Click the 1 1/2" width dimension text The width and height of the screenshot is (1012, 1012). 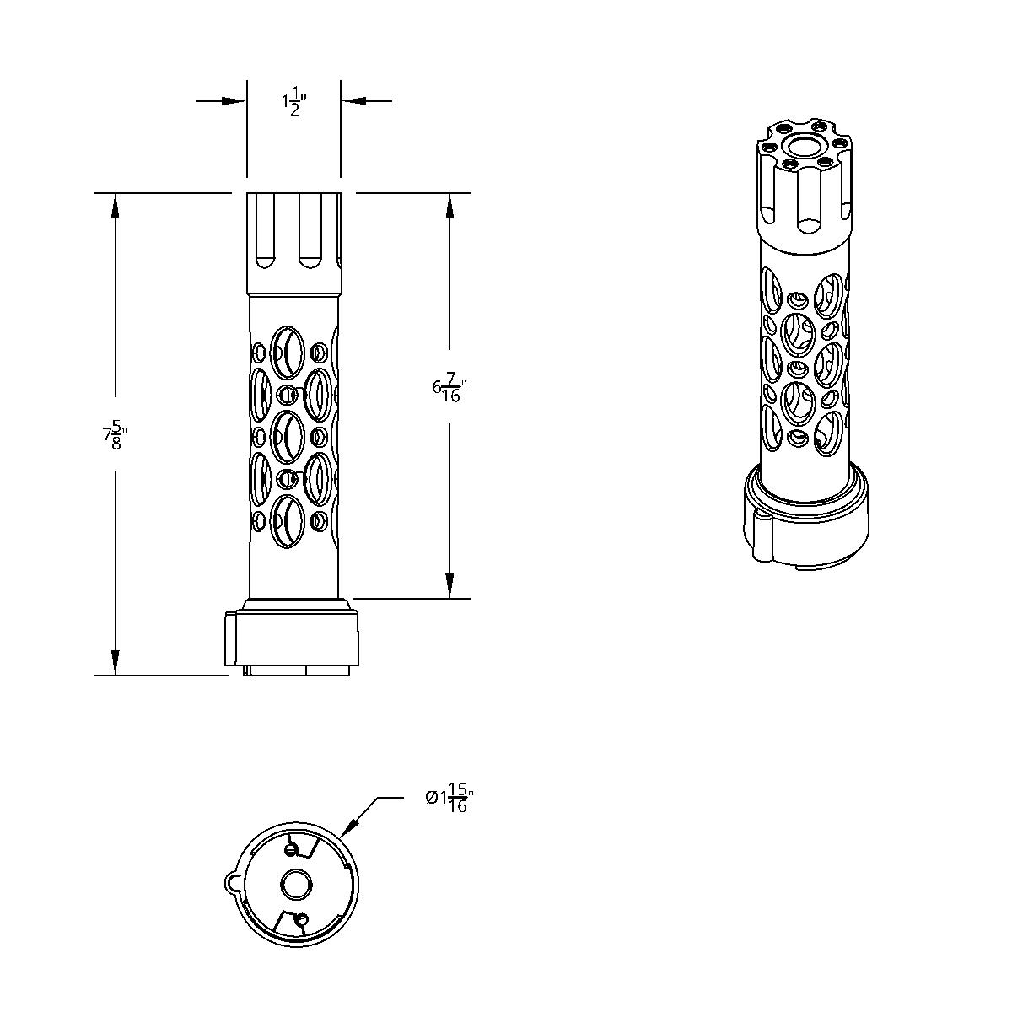[293, 103]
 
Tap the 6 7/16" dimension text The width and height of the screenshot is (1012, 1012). [449, 388]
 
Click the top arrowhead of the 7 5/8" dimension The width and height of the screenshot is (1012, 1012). [115, 206]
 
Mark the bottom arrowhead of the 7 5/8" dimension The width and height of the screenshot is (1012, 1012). [115, 663]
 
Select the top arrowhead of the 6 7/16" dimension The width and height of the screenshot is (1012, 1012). [449, 206]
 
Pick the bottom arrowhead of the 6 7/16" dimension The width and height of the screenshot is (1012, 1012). [449, 586]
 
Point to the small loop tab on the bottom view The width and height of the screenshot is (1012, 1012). [233, 880]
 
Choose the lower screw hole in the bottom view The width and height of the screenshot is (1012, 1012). [302, 921]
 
